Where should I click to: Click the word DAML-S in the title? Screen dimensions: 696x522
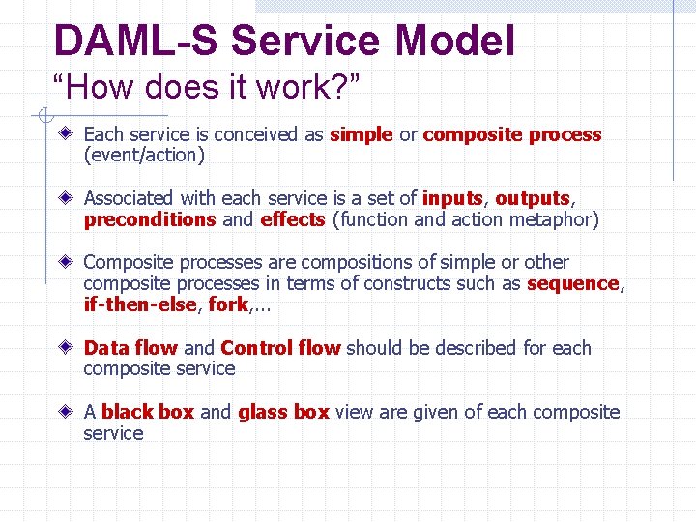[136, 40]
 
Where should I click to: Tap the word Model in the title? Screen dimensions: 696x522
[454, 40]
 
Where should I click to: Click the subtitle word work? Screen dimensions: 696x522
[308, 86]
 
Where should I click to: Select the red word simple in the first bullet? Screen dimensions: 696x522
[362, 135]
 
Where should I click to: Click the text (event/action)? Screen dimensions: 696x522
[144, 155]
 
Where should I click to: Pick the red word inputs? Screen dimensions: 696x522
[452, 199]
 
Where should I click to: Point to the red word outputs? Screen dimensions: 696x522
[533, 199]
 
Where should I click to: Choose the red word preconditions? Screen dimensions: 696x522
[150, 219]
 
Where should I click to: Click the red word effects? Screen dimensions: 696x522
[293, 219]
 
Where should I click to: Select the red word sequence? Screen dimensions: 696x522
[573, 284]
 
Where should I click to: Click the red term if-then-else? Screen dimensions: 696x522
[140, 304]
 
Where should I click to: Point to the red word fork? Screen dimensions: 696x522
[228, 304]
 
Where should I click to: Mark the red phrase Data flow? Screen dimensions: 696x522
[130, 348]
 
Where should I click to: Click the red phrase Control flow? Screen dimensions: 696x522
[280, 348]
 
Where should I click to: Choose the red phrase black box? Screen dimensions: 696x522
[148, 412]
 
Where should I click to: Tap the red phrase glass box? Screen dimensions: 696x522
[283, 413]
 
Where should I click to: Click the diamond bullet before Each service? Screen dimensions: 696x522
[66, 132]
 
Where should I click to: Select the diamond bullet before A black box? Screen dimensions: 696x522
[66, 411]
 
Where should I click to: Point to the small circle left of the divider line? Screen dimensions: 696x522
[45, 115]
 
